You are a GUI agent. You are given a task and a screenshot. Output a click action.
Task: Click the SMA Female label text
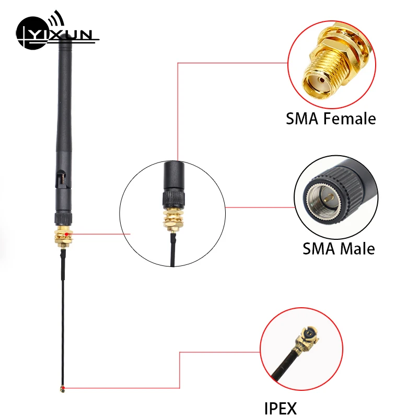331,119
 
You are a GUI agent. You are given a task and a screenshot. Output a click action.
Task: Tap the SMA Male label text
339,248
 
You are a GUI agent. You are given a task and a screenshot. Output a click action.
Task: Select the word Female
350,119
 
